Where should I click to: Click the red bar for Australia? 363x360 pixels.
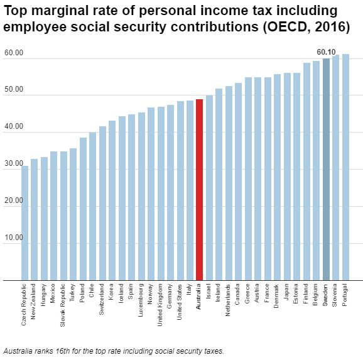[200, 189]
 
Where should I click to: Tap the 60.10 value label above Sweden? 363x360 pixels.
[326, 52]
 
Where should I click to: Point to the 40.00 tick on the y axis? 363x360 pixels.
[13, 127]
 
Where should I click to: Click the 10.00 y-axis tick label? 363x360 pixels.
[13, 238]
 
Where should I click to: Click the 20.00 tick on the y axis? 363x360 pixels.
[13, 201]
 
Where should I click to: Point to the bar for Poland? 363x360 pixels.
[83, 208]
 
